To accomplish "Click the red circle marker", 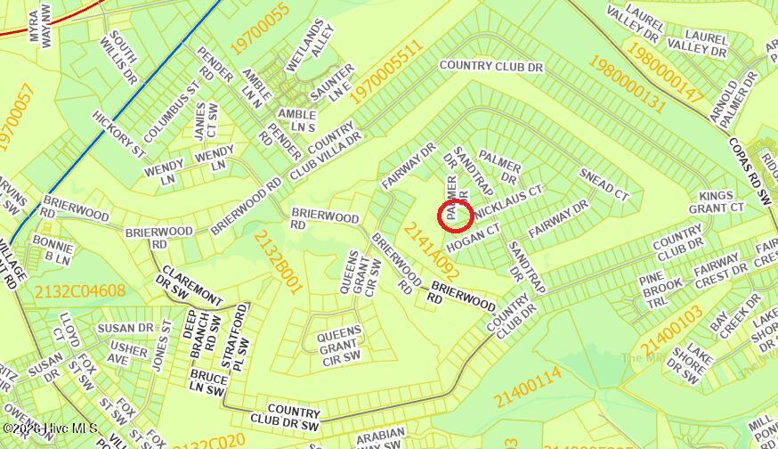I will (x=457, y=215).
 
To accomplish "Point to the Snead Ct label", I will (x=604, y=183).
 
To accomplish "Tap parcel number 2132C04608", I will (x=80, y=291).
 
